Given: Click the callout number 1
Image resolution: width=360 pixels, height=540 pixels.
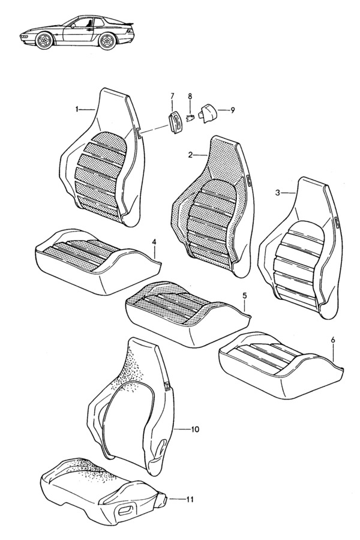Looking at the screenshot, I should click(77, 109).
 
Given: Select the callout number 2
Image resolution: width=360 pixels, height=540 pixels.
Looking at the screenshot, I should click(190, 155).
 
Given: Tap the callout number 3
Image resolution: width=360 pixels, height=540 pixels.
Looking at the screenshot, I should click(278, 193).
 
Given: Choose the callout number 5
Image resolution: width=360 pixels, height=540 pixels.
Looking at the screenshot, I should click(244, 296).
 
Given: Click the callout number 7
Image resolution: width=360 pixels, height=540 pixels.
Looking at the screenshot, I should click(172, 96).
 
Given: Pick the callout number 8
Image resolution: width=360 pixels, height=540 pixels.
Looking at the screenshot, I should click(190, 96).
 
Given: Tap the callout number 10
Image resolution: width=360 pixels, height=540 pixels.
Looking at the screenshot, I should click(195, 430).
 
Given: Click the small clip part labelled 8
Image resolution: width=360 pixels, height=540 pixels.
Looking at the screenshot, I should click(190, 117).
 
